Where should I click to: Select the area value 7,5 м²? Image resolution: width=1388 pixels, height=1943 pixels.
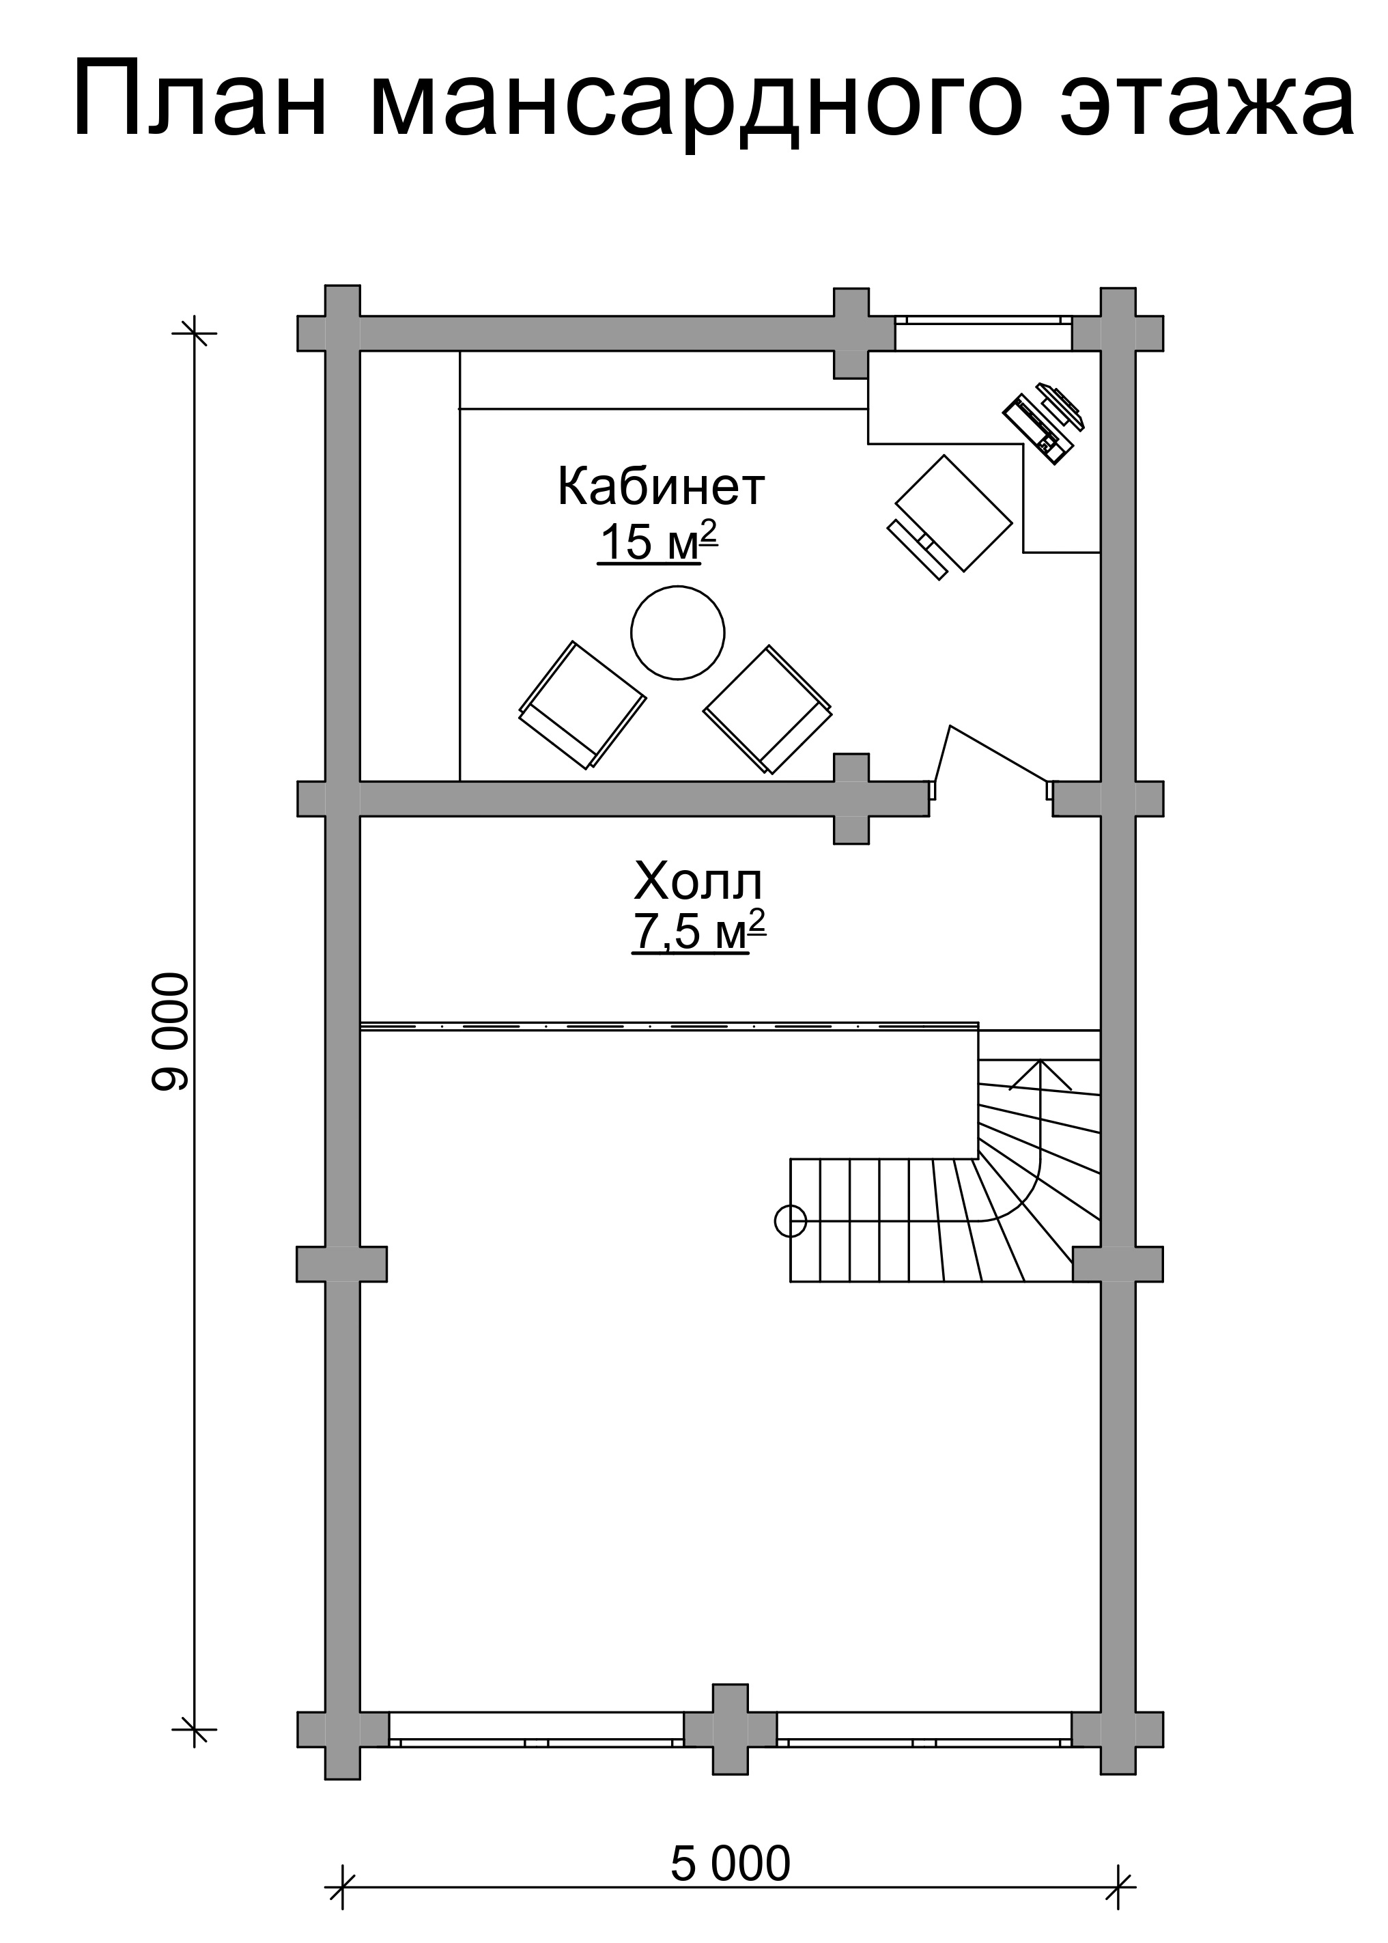click(698, 931)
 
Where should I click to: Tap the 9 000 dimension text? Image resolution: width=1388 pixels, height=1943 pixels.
click(169, 1032)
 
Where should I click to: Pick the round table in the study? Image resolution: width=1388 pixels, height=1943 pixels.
click(678, 632)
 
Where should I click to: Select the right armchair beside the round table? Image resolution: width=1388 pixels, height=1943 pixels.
click(767, 710)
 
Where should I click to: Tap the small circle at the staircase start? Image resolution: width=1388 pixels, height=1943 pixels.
click(791, 1222)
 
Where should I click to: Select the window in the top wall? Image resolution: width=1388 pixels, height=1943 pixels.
click(984, 333)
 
